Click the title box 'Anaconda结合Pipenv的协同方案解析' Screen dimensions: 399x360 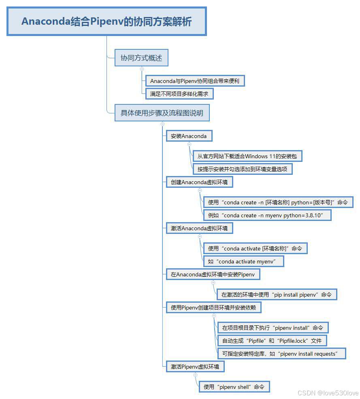tap(107, 21)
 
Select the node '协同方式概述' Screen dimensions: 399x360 tap(141, 58)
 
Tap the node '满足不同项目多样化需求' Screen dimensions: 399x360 tap(179, 94)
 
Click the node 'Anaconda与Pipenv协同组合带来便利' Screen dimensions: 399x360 tap(195, 81)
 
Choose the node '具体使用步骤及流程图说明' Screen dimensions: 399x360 tap(162, 113)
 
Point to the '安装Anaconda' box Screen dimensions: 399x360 tap(189, 136)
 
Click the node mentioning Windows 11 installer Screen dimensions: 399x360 tap(247, 156)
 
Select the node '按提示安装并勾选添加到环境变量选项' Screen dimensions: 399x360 tap(242, 169)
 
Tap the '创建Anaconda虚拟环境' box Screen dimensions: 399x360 tap(199, 182)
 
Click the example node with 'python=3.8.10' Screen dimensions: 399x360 tap(267, 215)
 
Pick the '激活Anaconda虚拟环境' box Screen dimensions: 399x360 tap(199, 228)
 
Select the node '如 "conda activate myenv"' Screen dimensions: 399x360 tap(243, 261)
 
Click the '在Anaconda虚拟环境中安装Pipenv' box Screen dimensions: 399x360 tap(213, 274)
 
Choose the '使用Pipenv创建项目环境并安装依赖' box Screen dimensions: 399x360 tap(213, 308)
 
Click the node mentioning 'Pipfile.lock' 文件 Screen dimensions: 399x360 tap(272, 341)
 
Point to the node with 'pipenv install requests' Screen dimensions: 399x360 tap(281, 354)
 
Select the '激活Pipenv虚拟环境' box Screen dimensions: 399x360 tap(195, 367)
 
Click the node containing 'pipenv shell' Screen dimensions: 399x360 tap(234, 387)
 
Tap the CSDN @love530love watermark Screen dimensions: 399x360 tap(328, 393)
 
